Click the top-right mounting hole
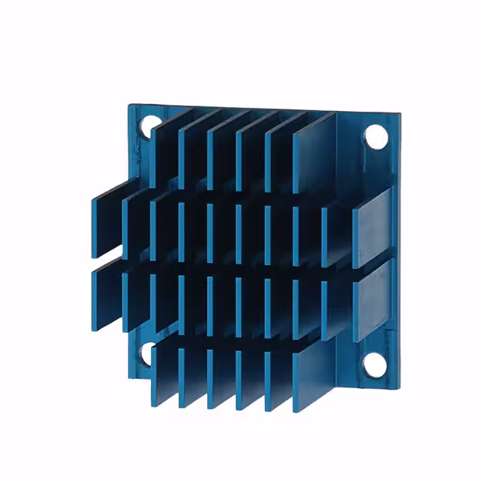(x=375, y=136)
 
